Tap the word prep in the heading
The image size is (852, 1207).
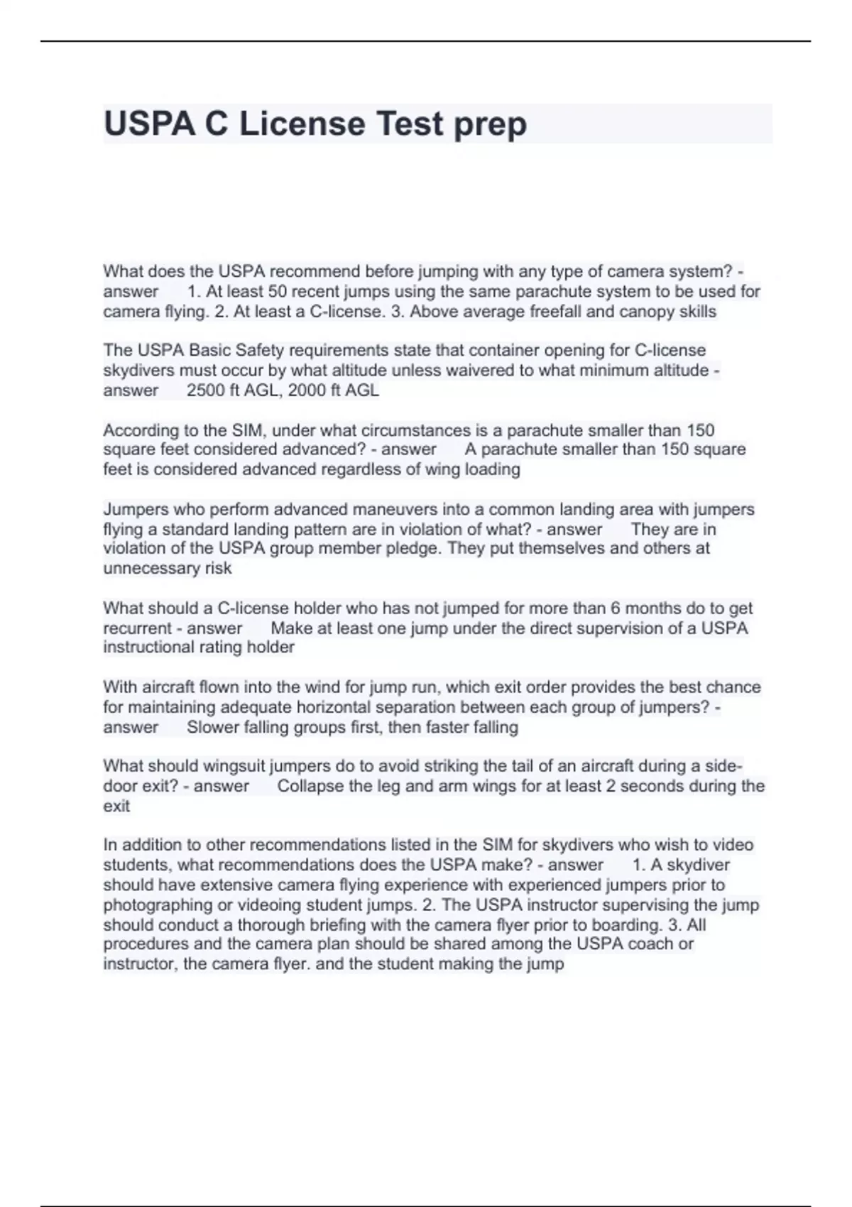click(x=490, y=125)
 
